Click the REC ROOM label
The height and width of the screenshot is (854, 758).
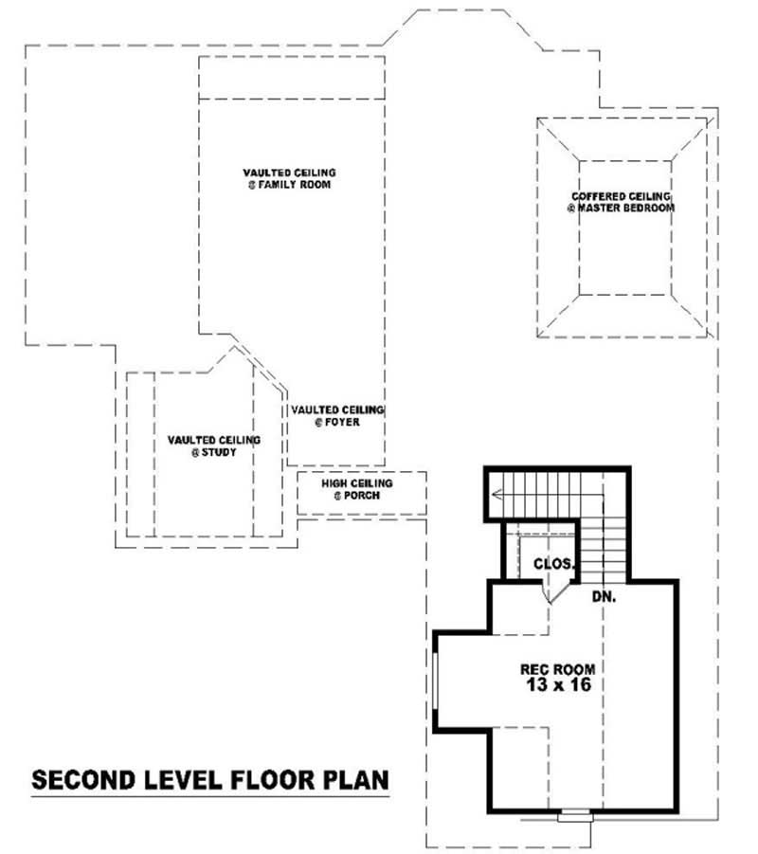coord(555,669)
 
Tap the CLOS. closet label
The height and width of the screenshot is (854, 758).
coord(553,564)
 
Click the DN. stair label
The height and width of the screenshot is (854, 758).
coord(605,598)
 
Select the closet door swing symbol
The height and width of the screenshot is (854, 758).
coord(549,590)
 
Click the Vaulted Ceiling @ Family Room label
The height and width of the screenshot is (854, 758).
coord(289,178)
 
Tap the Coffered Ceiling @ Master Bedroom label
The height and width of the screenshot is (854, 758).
coord(621,202)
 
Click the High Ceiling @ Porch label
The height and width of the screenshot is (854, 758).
coord(356,489)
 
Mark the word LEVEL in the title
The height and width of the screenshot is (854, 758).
coord(176,780)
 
